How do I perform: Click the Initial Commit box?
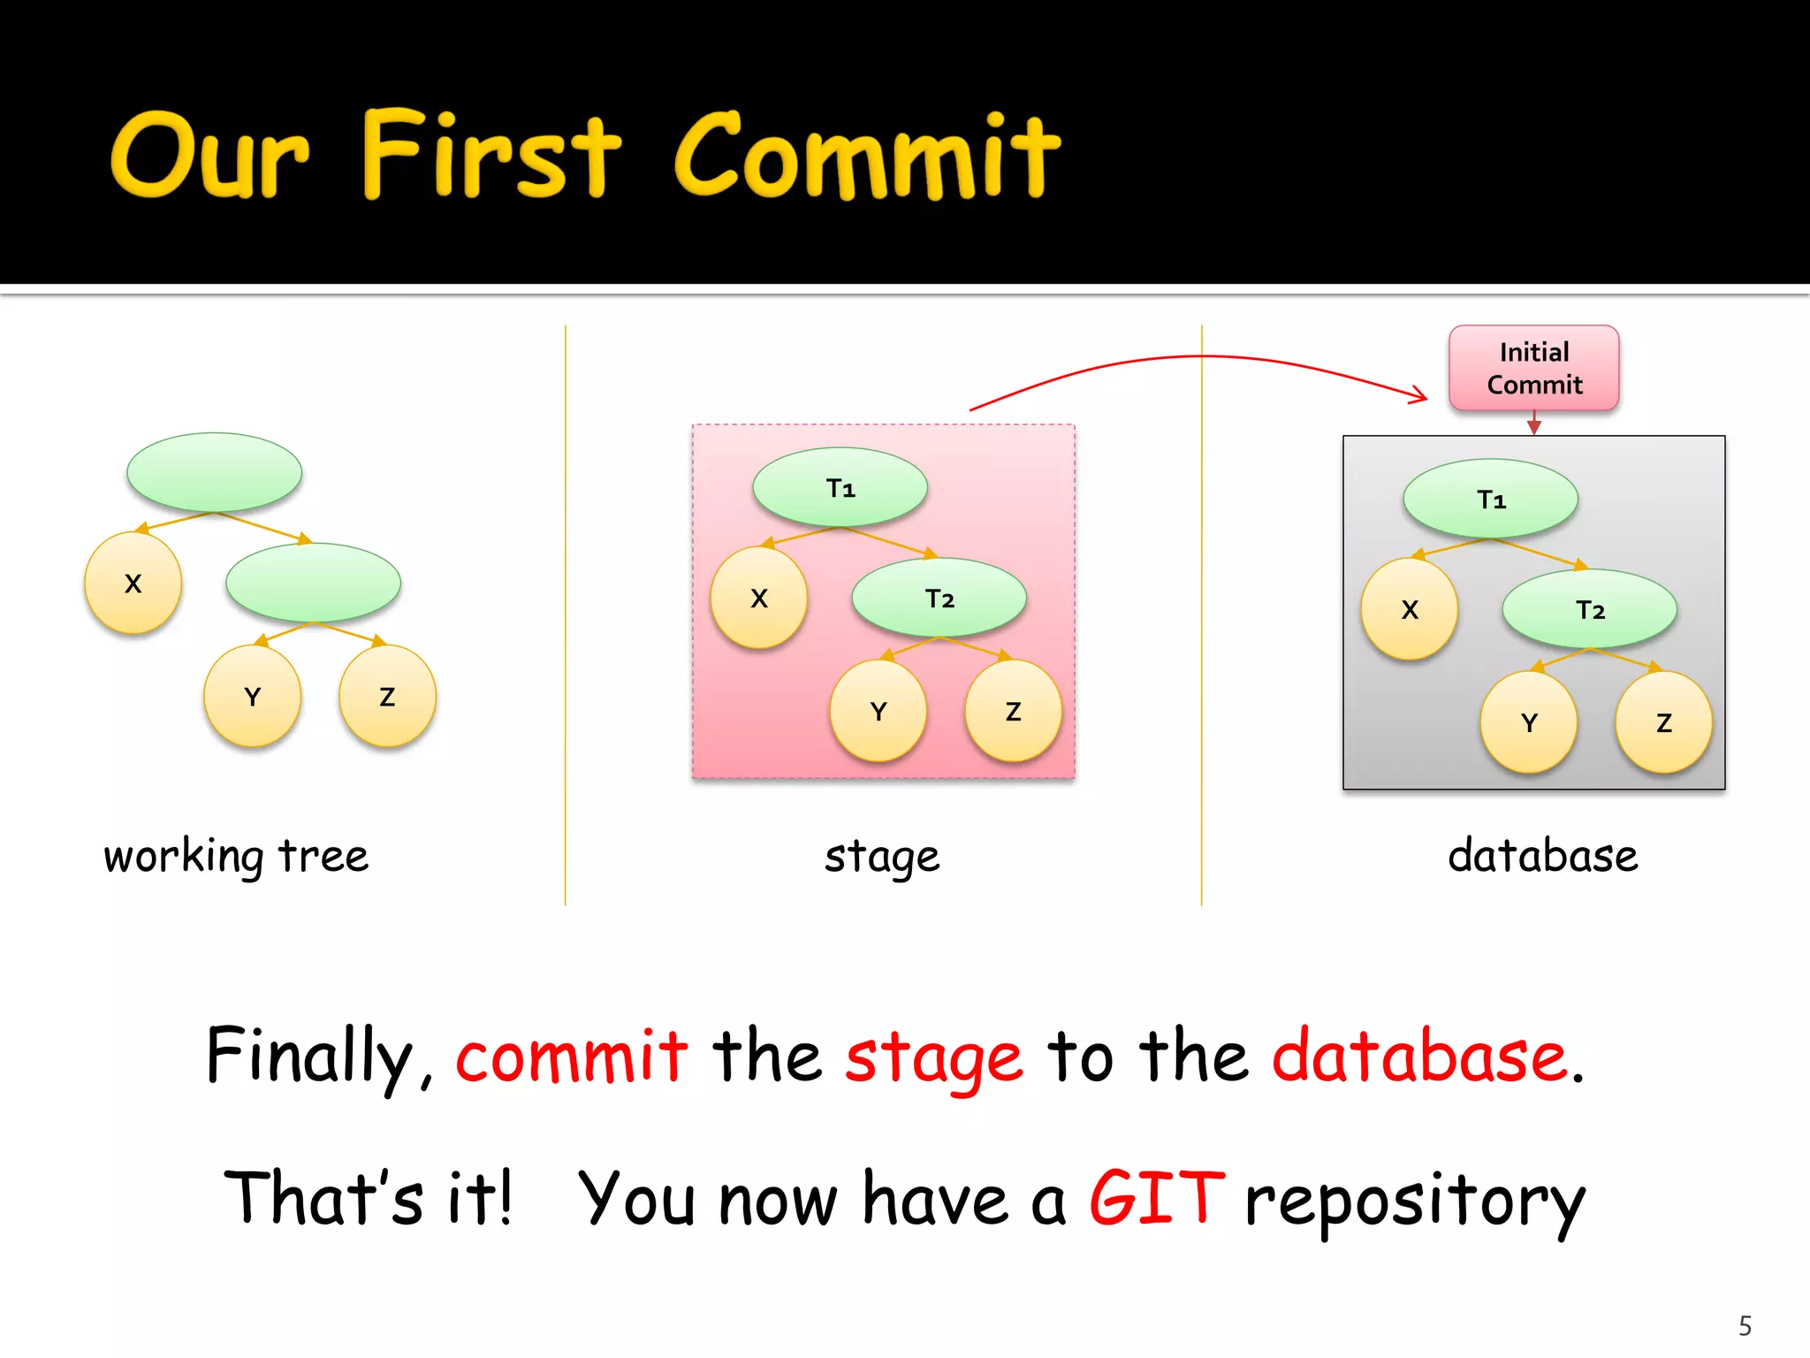1533,368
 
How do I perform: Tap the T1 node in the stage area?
840,487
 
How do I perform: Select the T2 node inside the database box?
1589,609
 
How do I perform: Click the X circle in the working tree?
133,584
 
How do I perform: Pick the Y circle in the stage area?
878,711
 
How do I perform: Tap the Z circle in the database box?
1663,722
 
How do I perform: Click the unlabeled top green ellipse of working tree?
215,472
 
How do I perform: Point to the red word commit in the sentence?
571,1057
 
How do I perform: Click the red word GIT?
1156,1198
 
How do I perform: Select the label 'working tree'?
236,856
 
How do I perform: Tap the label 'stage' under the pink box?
882,856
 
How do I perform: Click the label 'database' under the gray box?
1542,856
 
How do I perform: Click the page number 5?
1745,1325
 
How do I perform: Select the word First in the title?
491,156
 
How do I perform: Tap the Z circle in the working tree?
387,697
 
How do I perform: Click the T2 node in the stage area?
939,598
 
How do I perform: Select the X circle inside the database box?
1409,609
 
